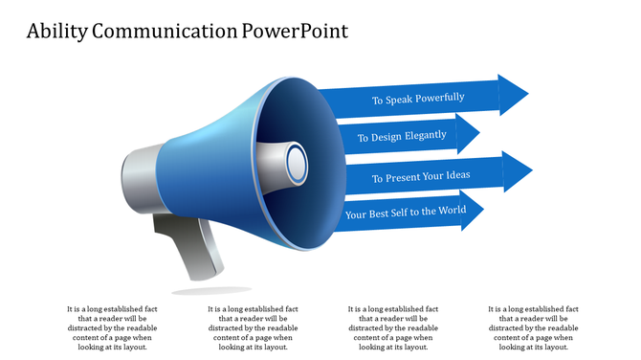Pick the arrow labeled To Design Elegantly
click(402, 136)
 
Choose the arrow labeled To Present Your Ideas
click(421, 177)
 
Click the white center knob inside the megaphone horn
click(296, 161)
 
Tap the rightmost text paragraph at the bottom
click(534, 328)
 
